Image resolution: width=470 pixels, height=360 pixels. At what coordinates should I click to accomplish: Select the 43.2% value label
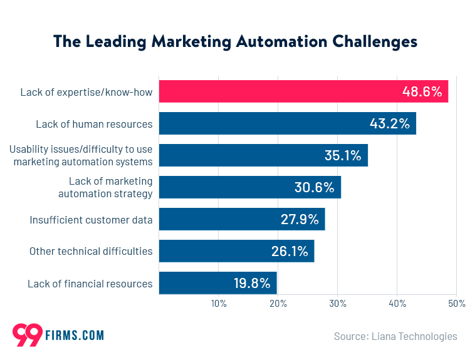(x=389, y=124)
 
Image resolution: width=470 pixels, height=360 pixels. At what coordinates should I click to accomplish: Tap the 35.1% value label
(x=343, y=156)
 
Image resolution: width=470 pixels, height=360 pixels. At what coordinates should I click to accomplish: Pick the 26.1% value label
(x=290, y=252)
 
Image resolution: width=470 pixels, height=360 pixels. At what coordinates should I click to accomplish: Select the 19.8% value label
(x=252, y=283)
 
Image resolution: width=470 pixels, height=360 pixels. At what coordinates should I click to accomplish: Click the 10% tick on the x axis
(x=219, y=304)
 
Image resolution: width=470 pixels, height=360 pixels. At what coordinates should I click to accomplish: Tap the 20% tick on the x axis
(x=278, y=304)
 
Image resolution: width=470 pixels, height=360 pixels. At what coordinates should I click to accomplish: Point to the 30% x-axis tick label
(x=338, y=304)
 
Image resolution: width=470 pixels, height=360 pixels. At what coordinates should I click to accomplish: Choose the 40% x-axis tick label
(x=397, y=304)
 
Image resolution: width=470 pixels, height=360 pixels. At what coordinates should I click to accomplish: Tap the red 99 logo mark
(x=27, y=336)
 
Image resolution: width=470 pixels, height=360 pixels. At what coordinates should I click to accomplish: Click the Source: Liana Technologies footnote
(x=395, y=336)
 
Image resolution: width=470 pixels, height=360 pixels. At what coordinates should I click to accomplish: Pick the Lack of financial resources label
(x=90, y=284)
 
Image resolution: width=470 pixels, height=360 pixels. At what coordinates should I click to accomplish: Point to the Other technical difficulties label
(x=91, y=252)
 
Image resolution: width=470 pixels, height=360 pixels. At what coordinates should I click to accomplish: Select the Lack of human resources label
(x=94, y=124)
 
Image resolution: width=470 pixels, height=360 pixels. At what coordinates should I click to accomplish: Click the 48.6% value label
(x=422, y=92)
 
